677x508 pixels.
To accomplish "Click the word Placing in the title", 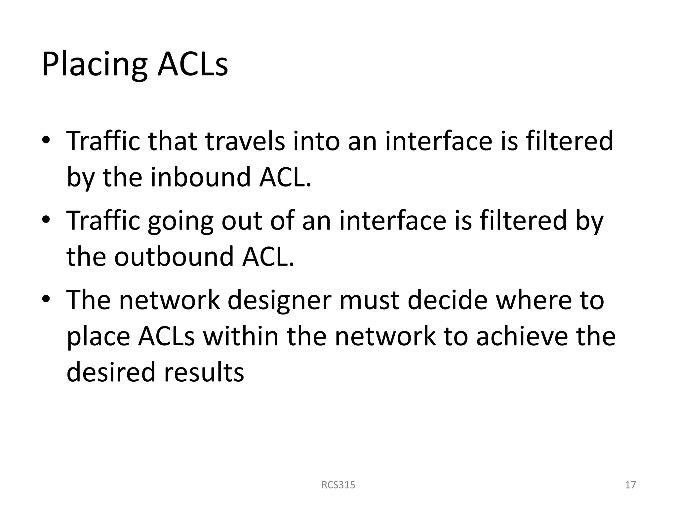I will (x=94, y=64).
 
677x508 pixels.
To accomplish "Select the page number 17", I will (x=630, y=485).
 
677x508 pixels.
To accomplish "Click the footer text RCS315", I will (x=338, y=485).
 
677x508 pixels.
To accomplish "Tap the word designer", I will (x=279, y=300).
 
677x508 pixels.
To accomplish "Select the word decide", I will (x=448, y=300).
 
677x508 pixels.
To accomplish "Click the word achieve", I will (x=522, y=336).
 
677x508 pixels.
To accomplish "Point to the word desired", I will (x=111, y=372).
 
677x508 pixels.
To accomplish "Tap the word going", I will (x=180, y=221).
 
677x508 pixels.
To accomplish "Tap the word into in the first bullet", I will (x=316, y=141).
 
